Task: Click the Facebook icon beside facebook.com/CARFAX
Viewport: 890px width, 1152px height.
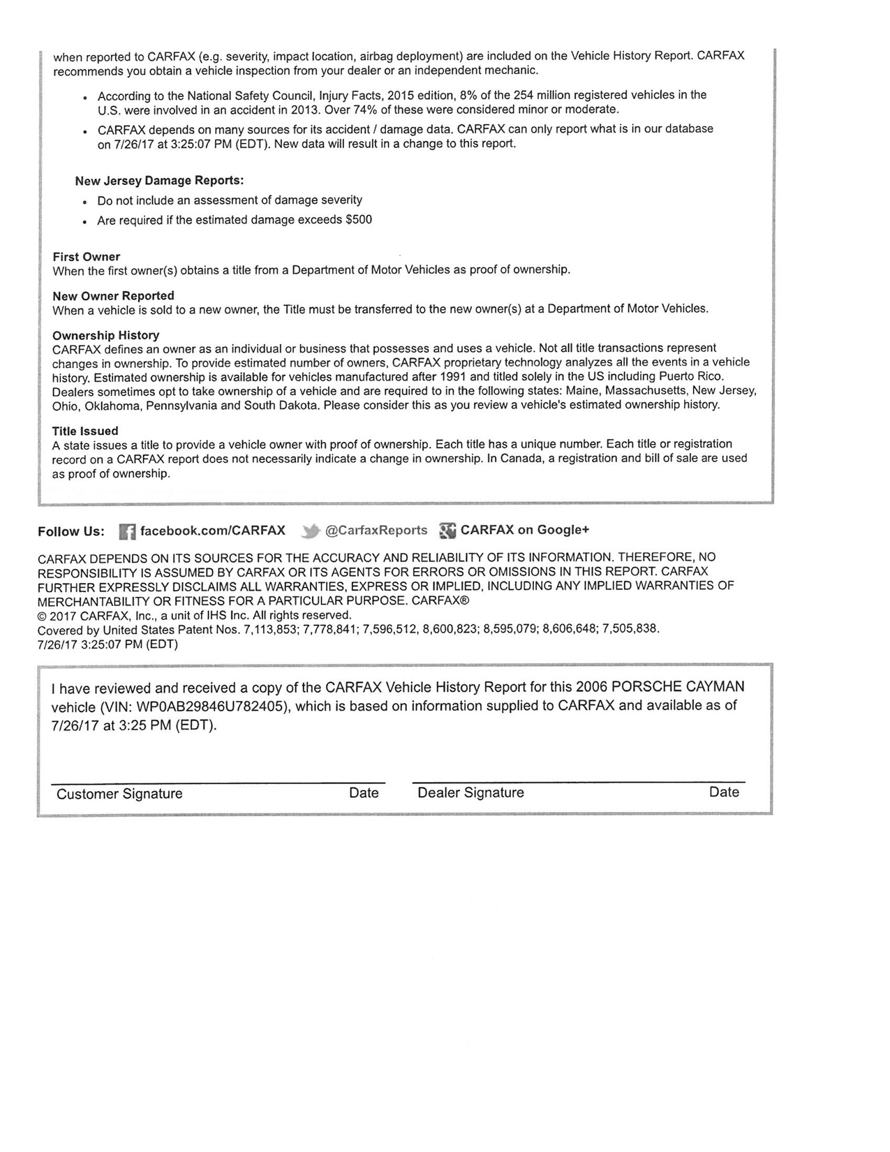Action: pyautogui.click(x=127, y=531)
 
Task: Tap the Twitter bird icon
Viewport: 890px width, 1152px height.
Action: pyautogui.click(x=311, y=531)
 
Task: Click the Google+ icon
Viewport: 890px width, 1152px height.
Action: pyautogui.click(x=447, y=531)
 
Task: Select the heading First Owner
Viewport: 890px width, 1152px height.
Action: pyautogui.click(x=87, y=257)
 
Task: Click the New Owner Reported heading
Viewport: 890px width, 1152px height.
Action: pyautogui.click(x=113, y=296)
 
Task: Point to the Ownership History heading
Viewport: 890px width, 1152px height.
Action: pyautogui.click(x=106, y=335)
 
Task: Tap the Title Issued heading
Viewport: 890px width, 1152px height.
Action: pyautogui.click(x=85, y=431)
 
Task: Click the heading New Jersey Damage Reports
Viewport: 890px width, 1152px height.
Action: pyautogui.click(x=159, y=181)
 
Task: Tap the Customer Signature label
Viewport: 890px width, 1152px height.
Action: pyautogui.click(x=119, y=794)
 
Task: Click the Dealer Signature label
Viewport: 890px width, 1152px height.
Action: pyautogui.click(x=470, y=792)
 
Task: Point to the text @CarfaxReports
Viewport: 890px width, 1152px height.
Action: pyautogui.click(x=376, y=530)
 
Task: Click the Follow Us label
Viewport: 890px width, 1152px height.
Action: pyautogui.click(x=71, y=531)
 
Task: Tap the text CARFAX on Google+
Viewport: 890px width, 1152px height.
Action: pyautogui.click(x=525, y=530)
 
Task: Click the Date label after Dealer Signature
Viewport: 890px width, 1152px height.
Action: pyautogui.click(x=724, y=792)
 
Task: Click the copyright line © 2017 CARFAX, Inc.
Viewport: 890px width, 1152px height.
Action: pyautogui.click(x=194, y=615)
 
